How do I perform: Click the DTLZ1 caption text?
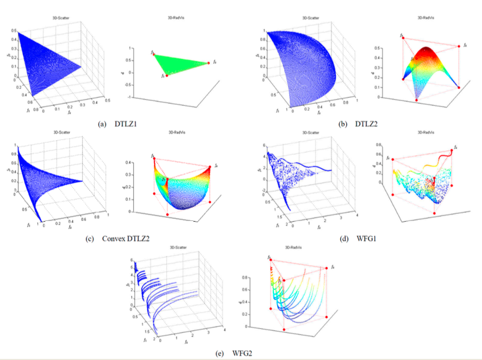(126, 124)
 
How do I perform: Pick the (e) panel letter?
(220, 353)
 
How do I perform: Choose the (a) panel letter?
(102, 124)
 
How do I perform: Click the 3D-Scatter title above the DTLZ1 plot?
(59, 18)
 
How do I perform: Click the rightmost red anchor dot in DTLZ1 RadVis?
(208, 63)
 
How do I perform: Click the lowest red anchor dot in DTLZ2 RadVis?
(416, 100)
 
